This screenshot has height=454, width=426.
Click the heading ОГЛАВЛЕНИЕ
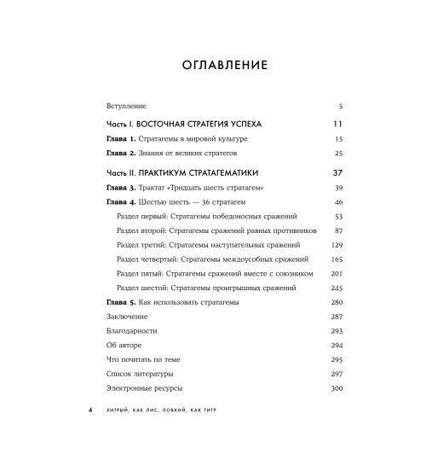pyautogui.click(x=213, y=65)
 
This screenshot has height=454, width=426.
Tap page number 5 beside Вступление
pyautogui.click(x=339, y=106)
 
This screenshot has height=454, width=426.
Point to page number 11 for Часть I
pyautogui.click(x=337, y=124)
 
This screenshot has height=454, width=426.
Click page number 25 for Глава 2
pyautogui.click(x=337, y=154)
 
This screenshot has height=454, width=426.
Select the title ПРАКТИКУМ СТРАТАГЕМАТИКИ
pyautogui.click(x=204, y=173)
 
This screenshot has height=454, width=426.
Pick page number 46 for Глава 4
pyautogui.click(x=337, y=201)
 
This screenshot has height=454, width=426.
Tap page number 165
pyautogui.click(x=336, y=259)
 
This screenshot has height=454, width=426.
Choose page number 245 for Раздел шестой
pyautogui.click(x=336, y=288)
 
